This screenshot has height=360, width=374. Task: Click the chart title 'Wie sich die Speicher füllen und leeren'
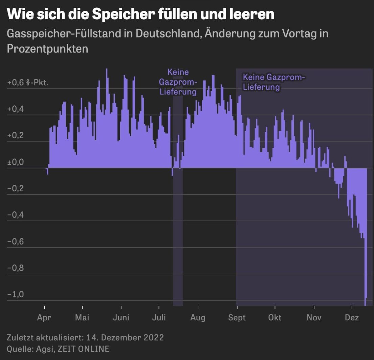[x=140, y=15]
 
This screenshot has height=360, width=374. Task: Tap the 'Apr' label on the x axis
[x=44, y=318]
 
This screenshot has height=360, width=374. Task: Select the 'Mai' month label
[x=82, y=318]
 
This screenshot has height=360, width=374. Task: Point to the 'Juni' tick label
[x=121, y=318]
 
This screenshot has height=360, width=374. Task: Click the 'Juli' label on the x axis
[x=159, y=318]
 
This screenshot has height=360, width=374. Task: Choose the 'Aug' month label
[x=198, y=318]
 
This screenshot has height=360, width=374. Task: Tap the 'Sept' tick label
[x=237, y=318]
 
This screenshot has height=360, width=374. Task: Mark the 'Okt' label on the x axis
[x=275, y=318]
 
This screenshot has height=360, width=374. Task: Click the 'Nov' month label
[x=314, y=318]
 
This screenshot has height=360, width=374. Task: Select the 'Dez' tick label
[x=352, y=318]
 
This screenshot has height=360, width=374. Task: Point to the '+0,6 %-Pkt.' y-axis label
[x=28, y=83]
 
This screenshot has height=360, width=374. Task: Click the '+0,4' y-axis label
[x=16, y=109]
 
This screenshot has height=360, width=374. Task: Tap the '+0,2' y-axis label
[x=16, y=136]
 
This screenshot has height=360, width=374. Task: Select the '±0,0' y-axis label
[x=16, y=162]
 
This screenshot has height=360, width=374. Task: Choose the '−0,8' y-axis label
[x=16, y=268]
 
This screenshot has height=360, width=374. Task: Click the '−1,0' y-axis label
[x=16, y=295]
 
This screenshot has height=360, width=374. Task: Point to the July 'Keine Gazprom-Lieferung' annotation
[x=178, y=82]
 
